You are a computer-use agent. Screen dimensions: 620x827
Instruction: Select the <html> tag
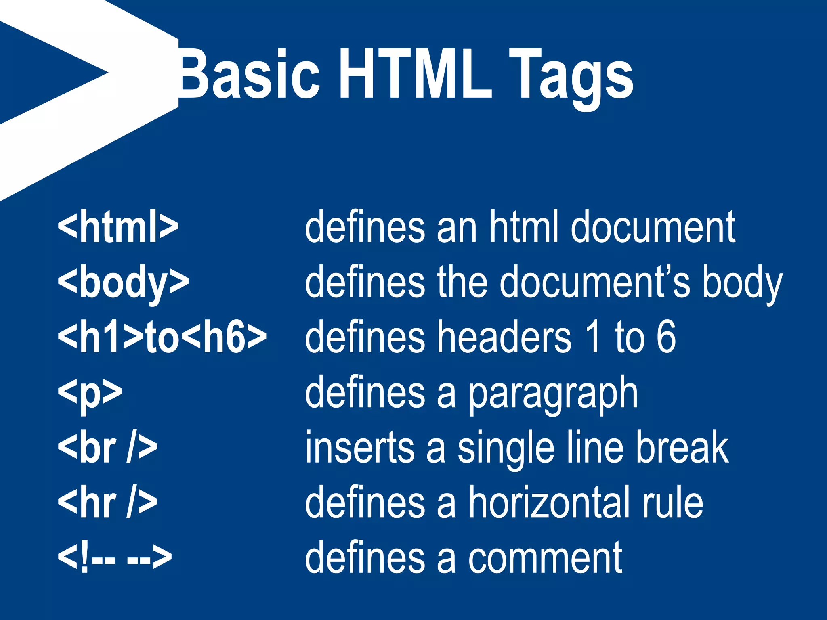pyautogui.click(x=118, y=227)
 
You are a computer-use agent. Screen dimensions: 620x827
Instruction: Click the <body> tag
pyautogui.click(x=123, y=283)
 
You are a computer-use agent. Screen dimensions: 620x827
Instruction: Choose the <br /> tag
pyautogui.click(x=107, y=448)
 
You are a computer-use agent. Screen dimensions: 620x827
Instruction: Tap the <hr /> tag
pyautogui.click(x=107, y=503)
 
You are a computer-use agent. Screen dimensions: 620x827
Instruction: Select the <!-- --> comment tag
pyautogui.click(x=115, y=558)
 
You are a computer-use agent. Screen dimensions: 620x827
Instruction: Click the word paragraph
pyautogui.click(x=553, y=394)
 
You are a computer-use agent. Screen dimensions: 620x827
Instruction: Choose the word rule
pyautogui.click(x=673, y=503)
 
